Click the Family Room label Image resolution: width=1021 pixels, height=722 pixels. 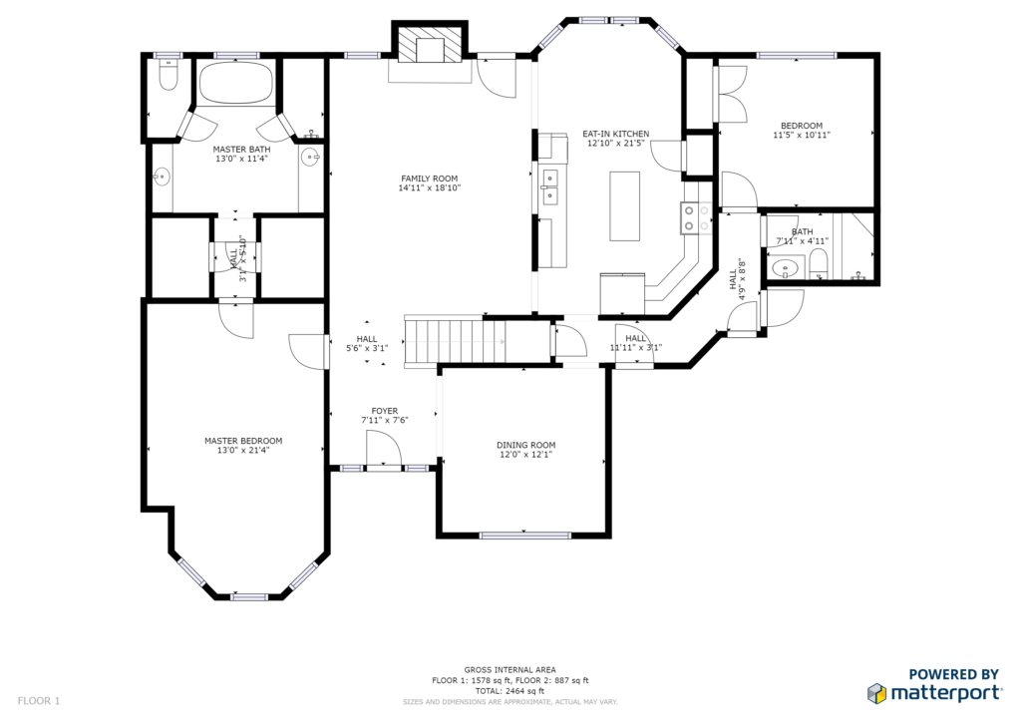click(429, 179)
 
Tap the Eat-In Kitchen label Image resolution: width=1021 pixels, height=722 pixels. click(615, 134)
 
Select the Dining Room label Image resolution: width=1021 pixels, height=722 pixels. click(526, 446)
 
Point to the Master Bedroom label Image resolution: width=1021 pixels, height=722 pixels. click(243, 441)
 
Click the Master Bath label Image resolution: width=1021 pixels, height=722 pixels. click(241, 150)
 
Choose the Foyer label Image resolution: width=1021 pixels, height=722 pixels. click(385, 412)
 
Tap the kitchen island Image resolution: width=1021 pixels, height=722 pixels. click(624, 205)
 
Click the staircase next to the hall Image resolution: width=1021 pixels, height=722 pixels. click(455, 341)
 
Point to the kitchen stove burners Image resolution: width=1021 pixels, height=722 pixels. click(695, 218)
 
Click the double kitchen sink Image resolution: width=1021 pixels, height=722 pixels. click(550, 186)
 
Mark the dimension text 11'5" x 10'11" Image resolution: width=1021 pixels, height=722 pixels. click(802, 136)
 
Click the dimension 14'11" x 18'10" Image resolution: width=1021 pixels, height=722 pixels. click(430, 188)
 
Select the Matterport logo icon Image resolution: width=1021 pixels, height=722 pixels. click(877, 693)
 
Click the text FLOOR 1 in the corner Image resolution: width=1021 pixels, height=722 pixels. click(39, 701)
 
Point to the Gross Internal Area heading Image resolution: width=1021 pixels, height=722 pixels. click(510, 670)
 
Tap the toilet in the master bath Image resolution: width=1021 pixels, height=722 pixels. click(169, 76)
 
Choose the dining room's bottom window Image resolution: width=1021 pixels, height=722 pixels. click(524, 536)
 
